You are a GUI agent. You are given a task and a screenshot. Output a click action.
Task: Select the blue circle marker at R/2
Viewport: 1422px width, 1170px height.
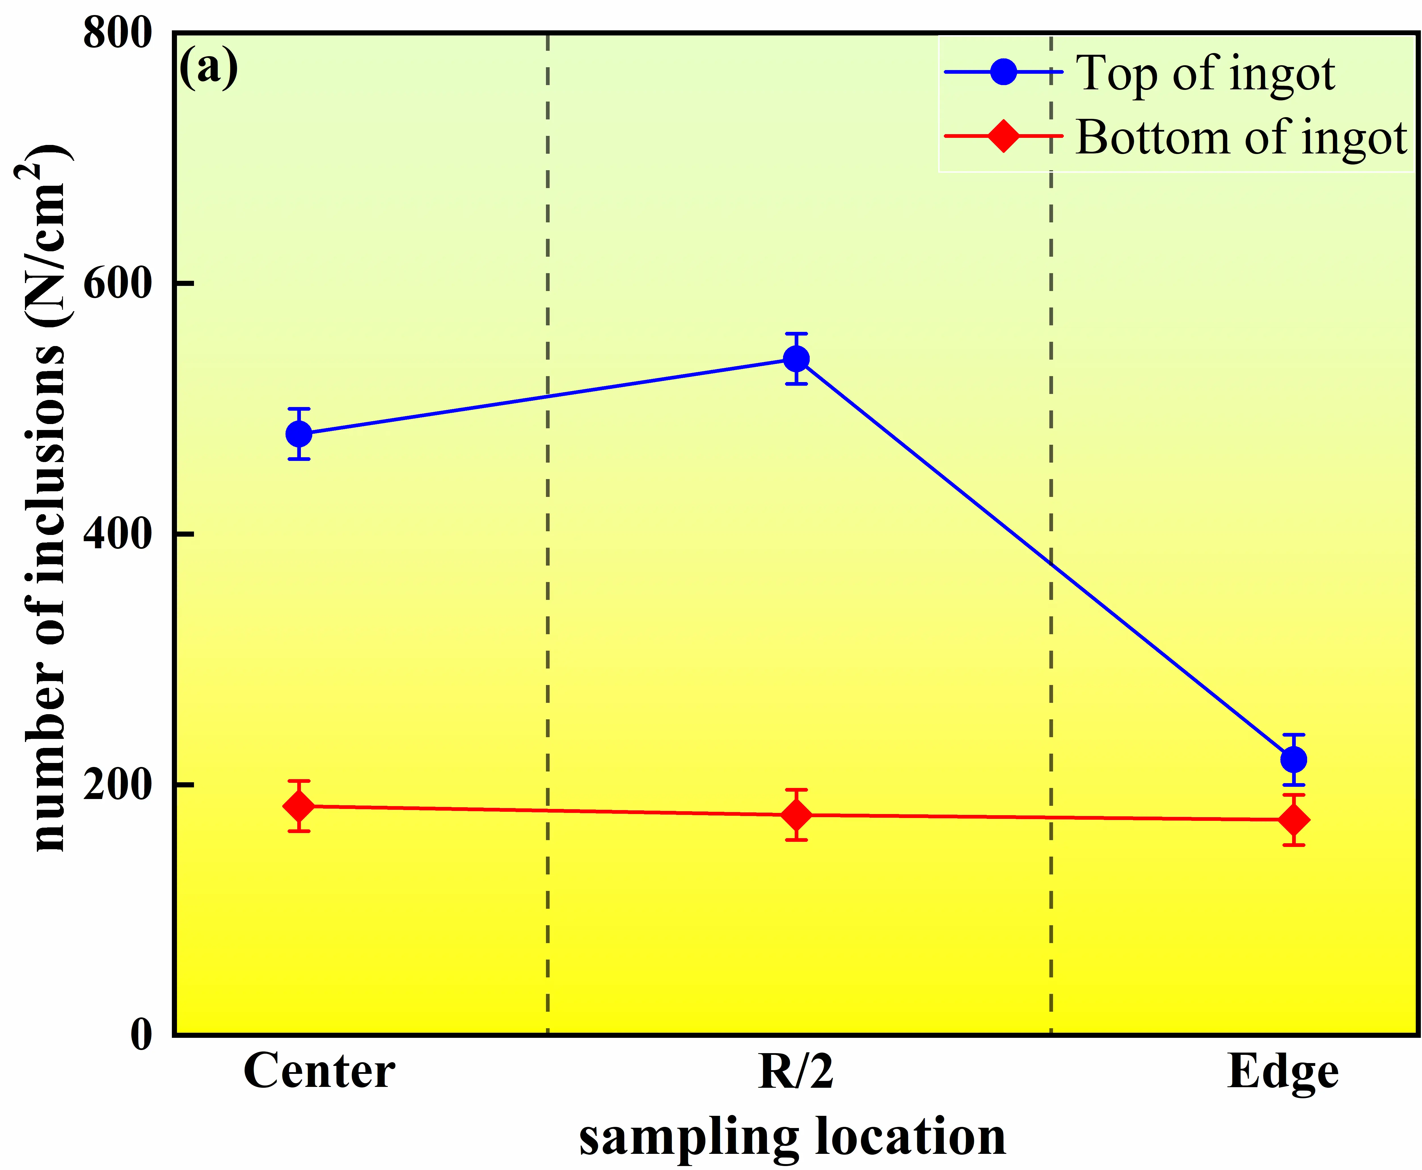796,359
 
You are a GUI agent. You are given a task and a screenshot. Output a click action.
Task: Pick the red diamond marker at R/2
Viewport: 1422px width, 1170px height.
796,815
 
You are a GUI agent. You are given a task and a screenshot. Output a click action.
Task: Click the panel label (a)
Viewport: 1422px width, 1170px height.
208,68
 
